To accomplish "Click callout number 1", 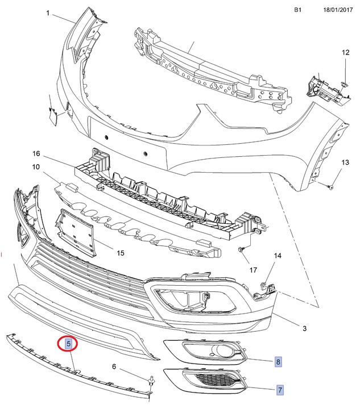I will (x=48, y=13).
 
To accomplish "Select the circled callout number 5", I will (x=68, y=343).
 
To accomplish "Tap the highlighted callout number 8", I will (x=278, y=361).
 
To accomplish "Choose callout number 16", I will (x=36, y=154).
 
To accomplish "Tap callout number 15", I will (x=120, y=252).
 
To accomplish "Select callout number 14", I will (x=277, y=256).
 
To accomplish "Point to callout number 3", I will (x=304, y=328).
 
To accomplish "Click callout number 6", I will (x=114, y=366).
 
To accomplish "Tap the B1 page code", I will (x=298, y=10).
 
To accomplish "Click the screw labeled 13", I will (x=331, y=186).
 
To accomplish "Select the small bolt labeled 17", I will (x=242, y=250).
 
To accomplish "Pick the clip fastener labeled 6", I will (x=151, y=382).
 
